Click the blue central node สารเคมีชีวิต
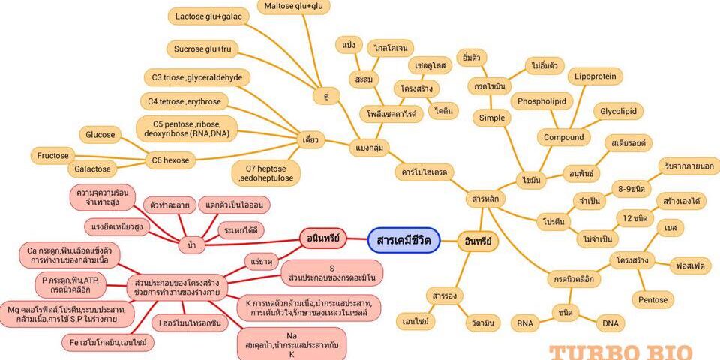pyautogui.click(x=403, y=240)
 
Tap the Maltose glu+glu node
pyautogui.click(x=294, y=7)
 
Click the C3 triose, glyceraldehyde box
pyautogui.click(x=196, y=76)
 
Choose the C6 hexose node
pyautogui.click(x=172, y=160)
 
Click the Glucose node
pyautogui.click(x=100, y=135)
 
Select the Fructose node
pyautogui.click(x=52, y=156)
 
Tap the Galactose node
pyautogui.click(x=93, y=169)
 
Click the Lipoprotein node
pyautogui.click(x=595, y=76)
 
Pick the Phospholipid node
pyautogui.click(x=541, y=100)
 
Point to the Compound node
pyautogui.click(x=564, y=137)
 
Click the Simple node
pyautogui.click(x=492, y=118)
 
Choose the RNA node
pyautogui.click(x=524, y=323)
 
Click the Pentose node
pyautogui.click(x=652, y=300)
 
